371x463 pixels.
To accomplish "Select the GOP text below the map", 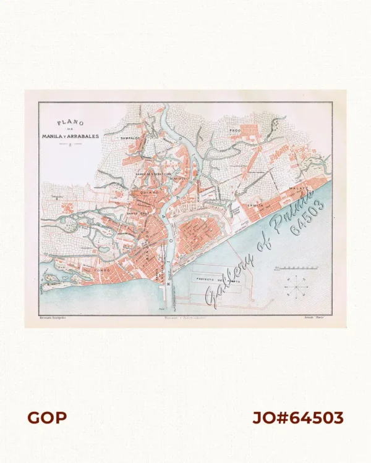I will pos(47,418).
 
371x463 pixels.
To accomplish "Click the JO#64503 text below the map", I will pos(297,418).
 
